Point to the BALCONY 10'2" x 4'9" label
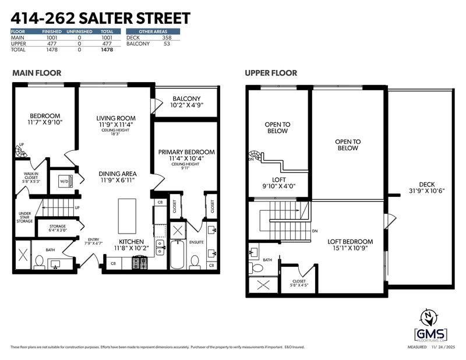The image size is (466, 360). click(186, 103)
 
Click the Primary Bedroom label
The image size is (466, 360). click(186, 156)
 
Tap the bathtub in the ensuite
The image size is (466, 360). click(177, 256)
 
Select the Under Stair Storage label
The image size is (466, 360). click(24, 217)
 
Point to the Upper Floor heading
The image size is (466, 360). click(271, 73)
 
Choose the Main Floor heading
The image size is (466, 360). click(37, 73)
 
